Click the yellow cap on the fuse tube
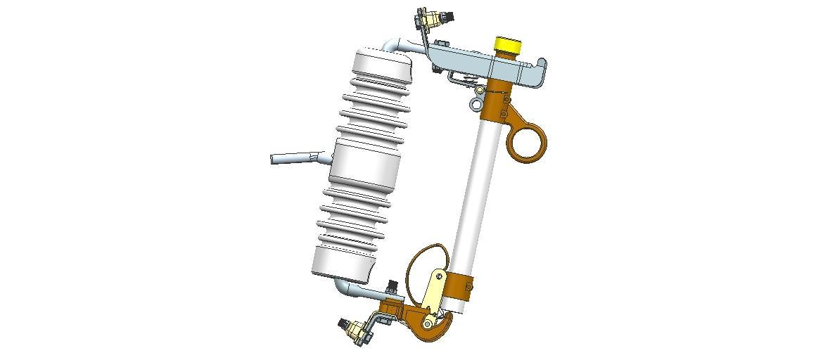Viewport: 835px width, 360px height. click(x=507, y=45)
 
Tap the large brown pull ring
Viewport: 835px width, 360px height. click(x=527, y=141)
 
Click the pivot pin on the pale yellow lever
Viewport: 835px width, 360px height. click(x=440, y=277)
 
